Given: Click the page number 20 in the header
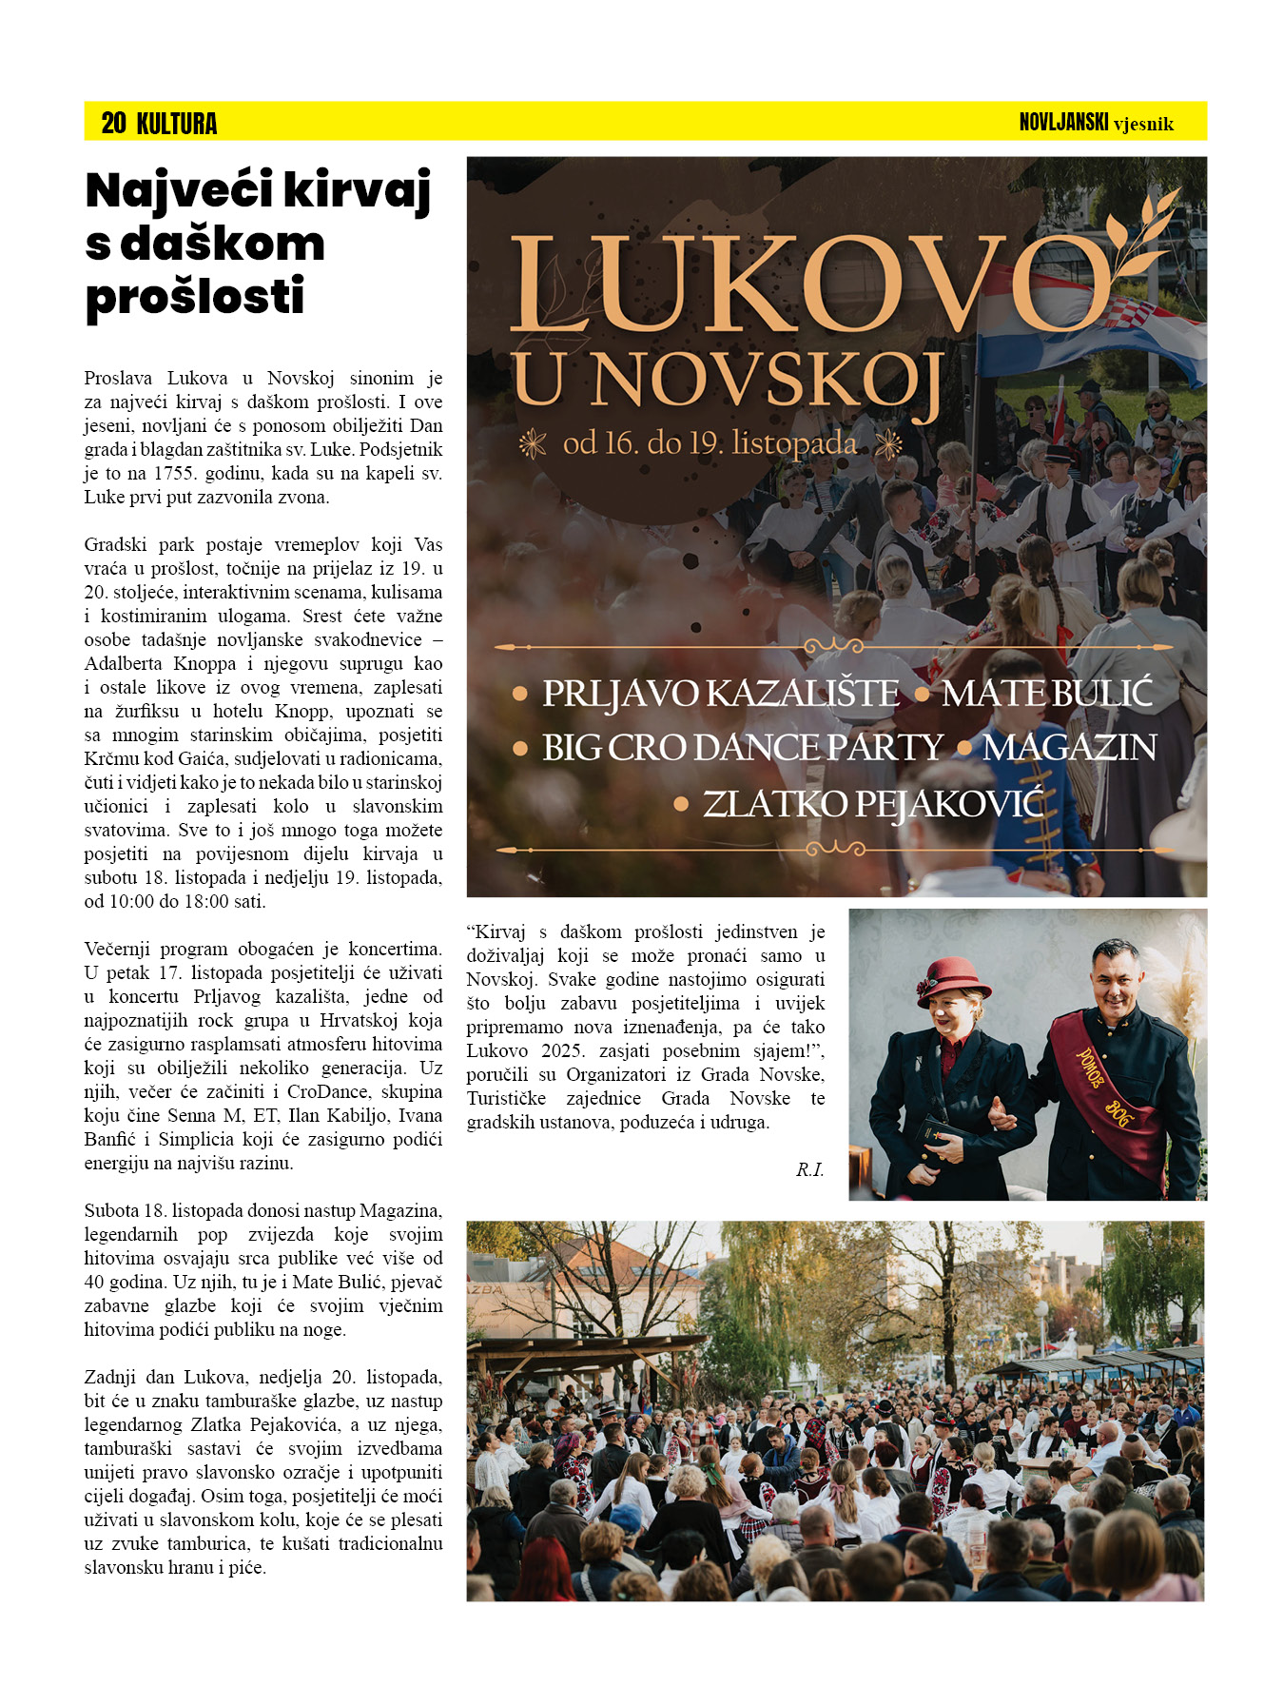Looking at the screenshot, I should click(x=113, y=123).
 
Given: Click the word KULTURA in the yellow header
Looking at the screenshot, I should click(x=177, y=124).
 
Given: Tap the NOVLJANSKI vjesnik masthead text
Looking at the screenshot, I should click(x=1096, y=123).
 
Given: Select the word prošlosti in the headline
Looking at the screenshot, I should click(x=195, y=297).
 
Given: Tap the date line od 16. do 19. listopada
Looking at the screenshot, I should click(x=710, y=443).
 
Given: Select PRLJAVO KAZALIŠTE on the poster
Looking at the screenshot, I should click(x=720, y=694).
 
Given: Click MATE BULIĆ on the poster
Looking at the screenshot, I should click(x=1046, y=694).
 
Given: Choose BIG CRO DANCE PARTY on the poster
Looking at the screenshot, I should click(x=742, y=748).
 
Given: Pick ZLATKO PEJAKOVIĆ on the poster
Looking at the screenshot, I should click(x=872, y=804).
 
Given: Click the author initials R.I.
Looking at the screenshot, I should click(x=809, y=1169).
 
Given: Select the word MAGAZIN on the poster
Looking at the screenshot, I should click(x=1069, y=748).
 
